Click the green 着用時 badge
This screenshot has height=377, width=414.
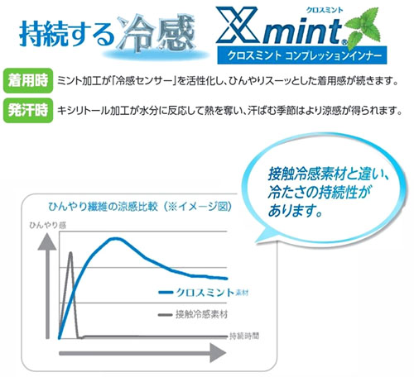click(x=28, y=81)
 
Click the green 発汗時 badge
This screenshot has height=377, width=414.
click(x=28, y=110)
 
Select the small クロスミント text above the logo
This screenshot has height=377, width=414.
click(x=325, y=10)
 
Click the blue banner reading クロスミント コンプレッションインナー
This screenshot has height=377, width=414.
click(x=302, y=55)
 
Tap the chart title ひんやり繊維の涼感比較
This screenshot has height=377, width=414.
click(x=103, y=207)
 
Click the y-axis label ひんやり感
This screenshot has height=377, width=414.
click(x=48, y=226)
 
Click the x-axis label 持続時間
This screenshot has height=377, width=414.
click(x=244, y=336)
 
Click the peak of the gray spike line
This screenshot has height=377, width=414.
click(x=70, y=253)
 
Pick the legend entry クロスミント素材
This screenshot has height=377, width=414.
click(x=204, y=293)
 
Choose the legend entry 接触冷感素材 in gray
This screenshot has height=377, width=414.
click(x=194, y=314)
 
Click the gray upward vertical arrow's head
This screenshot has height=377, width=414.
click(x=47, y=241)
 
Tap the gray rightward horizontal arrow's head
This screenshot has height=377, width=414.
click(x=218, y=353)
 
